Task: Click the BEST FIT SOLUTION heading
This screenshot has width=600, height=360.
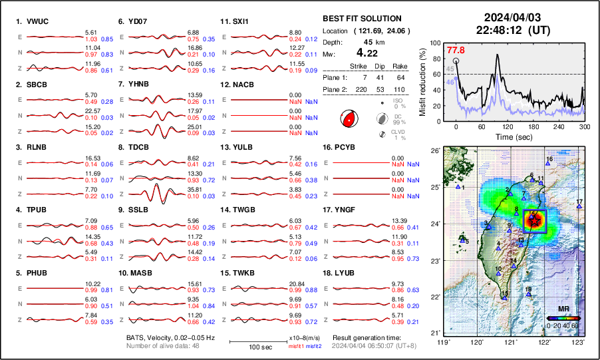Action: (x=361, y=19)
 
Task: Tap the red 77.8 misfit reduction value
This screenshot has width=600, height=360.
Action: (x=456, y=51)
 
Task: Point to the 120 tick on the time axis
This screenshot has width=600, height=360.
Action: (x=508, y=127)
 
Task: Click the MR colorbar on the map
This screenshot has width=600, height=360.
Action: (x=563, y=318)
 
